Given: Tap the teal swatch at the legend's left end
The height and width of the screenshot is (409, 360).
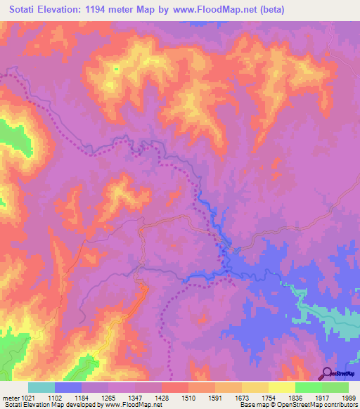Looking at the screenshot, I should pos(41,387).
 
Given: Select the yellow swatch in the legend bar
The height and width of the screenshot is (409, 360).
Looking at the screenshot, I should pos(281,387).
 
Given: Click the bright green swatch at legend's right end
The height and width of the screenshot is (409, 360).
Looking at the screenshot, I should pos(335,387).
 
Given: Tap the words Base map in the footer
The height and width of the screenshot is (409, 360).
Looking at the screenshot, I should pos(253,405).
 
